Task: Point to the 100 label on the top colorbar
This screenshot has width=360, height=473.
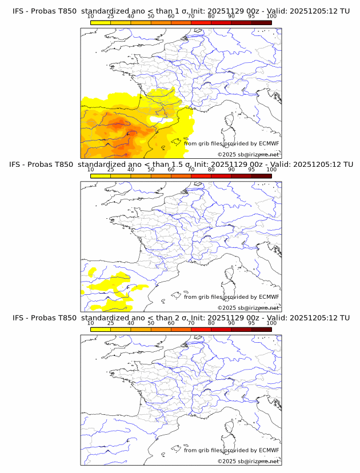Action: [271, 16]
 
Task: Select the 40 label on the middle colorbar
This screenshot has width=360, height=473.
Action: [131, 170]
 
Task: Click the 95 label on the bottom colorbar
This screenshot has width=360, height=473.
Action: [251, 323]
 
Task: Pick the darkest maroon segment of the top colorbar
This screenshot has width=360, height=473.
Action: [261, 22]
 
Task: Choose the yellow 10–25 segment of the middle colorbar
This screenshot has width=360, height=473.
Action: [101, 176]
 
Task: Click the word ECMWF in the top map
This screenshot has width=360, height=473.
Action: [269, 143]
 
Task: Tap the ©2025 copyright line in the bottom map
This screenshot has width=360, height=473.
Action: [248, 461]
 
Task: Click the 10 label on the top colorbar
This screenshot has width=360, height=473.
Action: [91, 16]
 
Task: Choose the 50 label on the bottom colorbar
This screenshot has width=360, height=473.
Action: [151, 323]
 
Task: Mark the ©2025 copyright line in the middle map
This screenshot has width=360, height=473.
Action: [248, 308]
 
